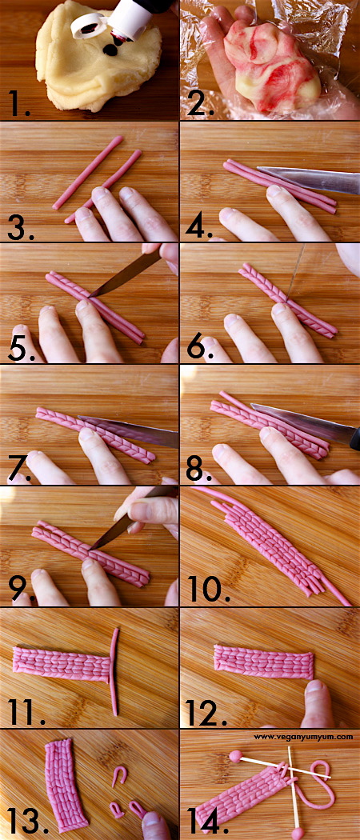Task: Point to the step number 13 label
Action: click(24, 821)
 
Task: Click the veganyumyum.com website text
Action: click(303, 737)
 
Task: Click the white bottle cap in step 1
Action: click(87, 26)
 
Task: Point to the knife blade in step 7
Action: click(129, 430)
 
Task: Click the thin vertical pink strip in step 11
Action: click(114, 671)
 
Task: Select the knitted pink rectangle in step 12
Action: click(264, 662)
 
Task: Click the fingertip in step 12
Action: click(318, 702)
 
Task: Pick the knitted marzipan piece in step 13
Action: click(66, 786)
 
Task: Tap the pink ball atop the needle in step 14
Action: click(235, 756)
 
